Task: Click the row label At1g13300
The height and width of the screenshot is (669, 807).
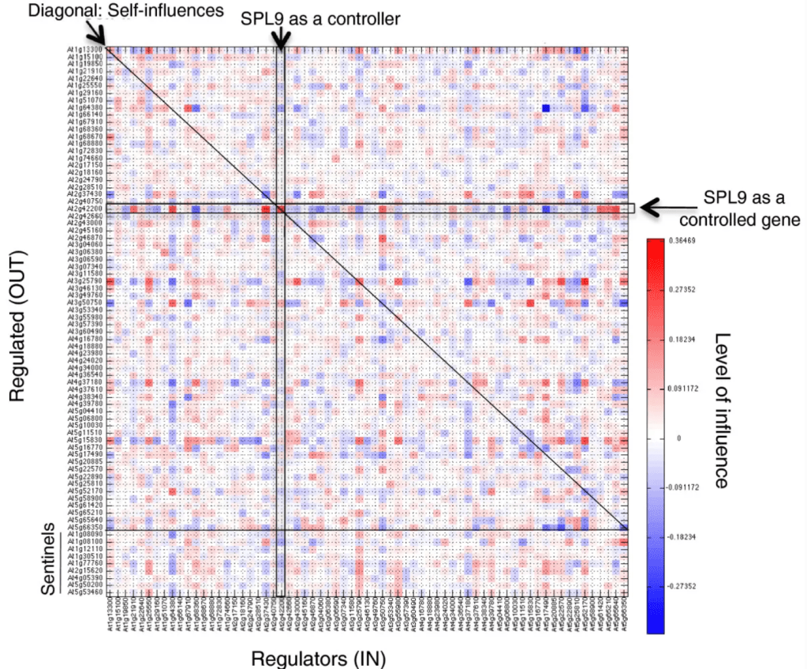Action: tap(84, 50)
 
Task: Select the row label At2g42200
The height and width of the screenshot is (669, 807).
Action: tap(84, 209)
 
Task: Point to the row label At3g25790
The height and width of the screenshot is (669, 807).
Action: tap(84, 280)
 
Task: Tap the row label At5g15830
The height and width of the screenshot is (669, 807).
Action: tap(84, 440)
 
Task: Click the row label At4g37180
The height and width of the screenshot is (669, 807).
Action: tap(84, 382)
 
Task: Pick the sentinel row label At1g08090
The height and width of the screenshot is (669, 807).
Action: tap(84, 534)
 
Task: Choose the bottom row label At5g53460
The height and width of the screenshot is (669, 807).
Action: tap(84, 592)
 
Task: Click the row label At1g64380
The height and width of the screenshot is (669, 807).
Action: tap(84, 107)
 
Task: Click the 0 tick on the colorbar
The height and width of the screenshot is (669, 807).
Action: tap(677, 436)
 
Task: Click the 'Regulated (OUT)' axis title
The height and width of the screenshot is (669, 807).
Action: tap(21, 327)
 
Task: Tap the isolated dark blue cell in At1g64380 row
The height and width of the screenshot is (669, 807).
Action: tap(546, 108)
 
